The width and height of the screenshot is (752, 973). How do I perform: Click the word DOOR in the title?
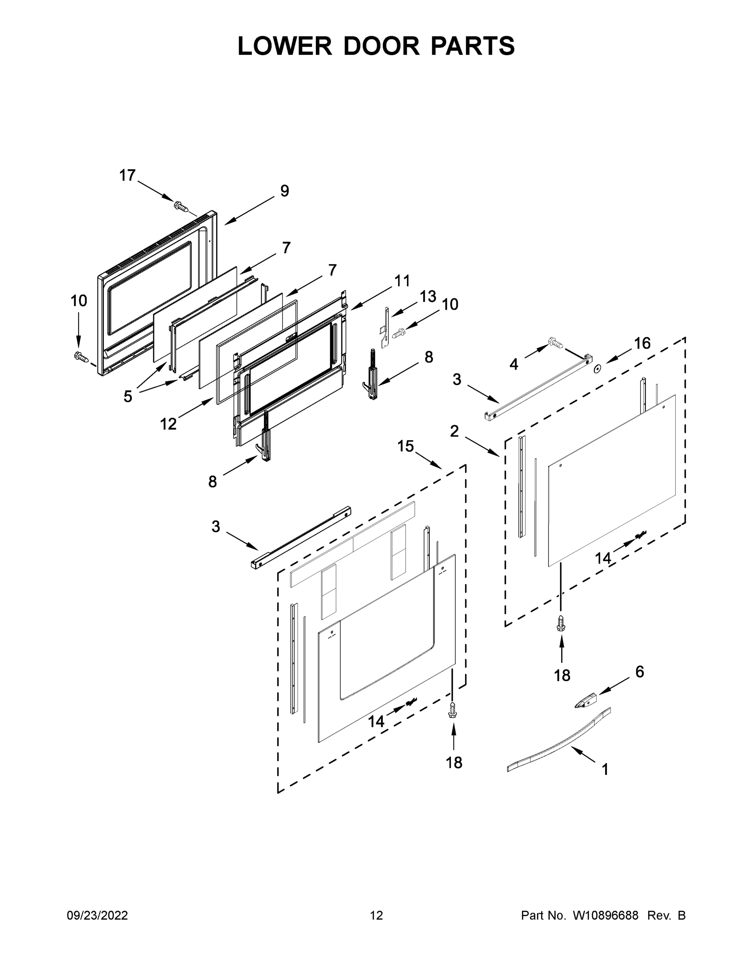point(381,46)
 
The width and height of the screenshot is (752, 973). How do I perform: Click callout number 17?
point(127,176)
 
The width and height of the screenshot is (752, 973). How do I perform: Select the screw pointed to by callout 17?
point(181,207)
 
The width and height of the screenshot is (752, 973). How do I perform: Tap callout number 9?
point(284,191)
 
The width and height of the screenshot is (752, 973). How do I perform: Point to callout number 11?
point(402,281)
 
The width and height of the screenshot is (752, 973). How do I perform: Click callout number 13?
point(428,296)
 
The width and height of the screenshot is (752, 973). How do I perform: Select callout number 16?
point(642,343)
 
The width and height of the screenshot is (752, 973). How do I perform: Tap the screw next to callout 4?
point(555,342)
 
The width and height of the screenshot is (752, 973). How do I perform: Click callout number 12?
point(168,424)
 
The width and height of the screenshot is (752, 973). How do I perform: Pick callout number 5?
point(128,396)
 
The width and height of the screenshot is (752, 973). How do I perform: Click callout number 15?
point(405,446)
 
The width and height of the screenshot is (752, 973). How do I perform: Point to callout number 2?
point(454,431)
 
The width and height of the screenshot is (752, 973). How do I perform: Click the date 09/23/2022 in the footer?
point(97,915)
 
